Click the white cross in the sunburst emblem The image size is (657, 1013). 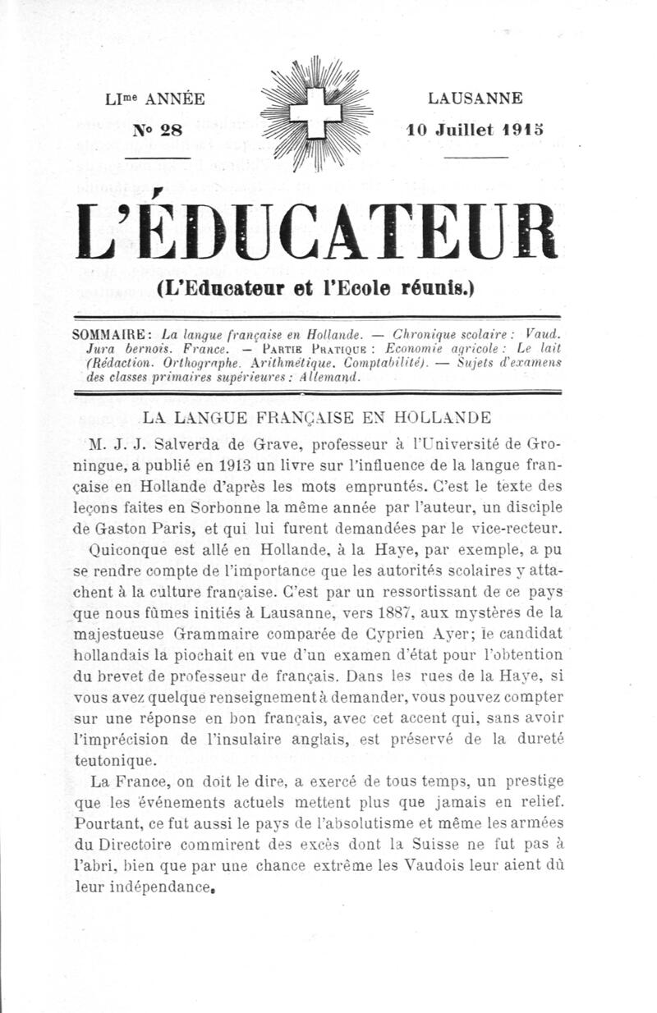coord(316,113)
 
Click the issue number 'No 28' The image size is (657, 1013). coord(158,129)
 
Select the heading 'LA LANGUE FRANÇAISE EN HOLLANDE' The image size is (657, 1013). coord(317,417)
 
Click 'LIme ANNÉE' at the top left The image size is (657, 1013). coord(155,99)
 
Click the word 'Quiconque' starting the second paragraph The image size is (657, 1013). coord(129,547)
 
